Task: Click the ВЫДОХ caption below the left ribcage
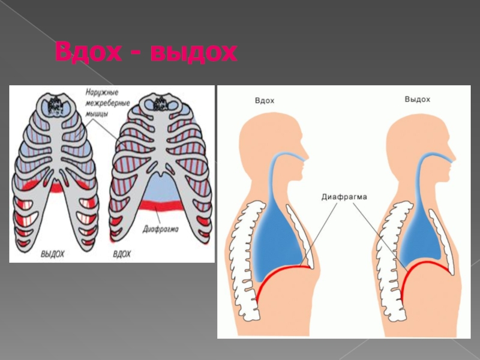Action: tap(53, 254)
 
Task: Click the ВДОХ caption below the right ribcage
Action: tap(123, 254)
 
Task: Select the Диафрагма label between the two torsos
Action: tap(344, 196)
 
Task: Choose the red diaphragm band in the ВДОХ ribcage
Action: tap(161, 208)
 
